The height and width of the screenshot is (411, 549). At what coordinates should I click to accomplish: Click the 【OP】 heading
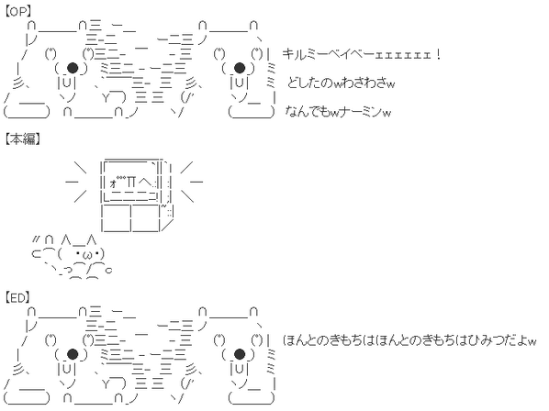17,12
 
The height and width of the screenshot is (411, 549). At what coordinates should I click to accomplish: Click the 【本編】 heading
22,139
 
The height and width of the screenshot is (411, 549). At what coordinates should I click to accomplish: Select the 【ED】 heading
17,297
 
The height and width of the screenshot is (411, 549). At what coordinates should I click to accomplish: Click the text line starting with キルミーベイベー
361,54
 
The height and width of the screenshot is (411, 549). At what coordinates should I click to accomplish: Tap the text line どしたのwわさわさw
341,83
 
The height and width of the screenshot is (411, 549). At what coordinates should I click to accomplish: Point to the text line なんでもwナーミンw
338,112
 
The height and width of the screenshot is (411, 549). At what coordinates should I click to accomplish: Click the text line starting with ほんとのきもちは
409,340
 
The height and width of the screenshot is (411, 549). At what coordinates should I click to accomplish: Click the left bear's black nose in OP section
73,68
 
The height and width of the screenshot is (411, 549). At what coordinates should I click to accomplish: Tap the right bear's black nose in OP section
239,68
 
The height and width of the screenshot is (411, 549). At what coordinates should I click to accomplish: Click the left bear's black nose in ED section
73,354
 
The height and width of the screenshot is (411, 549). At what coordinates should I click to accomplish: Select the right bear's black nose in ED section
239,354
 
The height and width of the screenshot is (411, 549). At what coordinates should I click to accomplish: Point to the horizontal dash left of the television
72,182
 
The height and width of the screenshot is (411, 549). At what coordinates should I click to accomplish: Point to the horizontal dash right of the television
196,182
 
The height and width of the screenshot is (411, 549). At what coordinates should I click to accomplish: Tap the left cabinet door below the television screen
117,218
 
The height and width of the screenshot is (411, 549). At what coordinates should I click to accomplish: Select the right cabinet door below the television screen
145,218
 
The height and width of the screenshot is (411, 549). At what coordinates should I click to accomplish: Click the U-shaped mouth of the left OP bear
66,83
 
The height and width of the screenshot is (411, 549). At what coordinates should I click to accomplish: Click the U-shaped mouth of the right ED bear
239,370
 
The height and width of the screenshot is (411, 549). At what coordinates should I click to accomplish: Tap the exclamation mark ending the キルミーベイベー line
438,54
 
